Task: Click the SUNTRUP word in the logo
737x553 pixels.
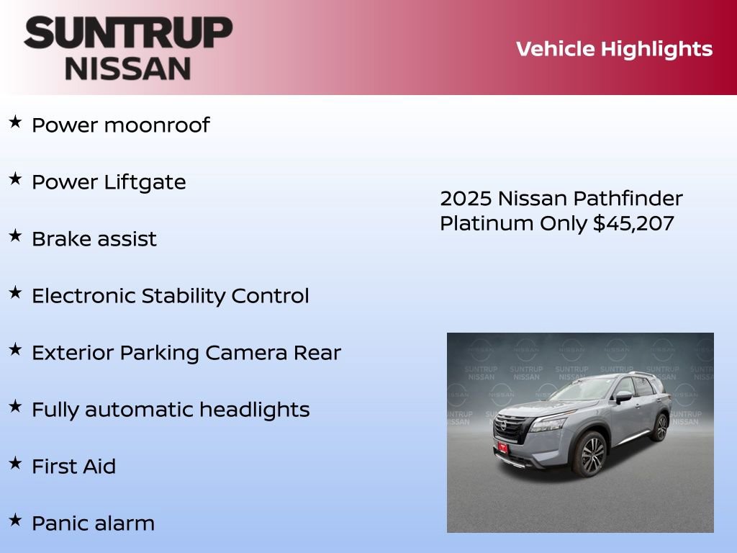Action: (128, 33)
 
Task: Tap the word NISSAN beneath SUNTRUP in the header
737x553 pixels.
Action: (128, 68)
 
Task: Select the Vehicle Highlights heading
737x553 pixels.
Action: (614, 49)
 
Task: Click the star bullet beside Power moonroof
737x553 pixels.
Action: (15, 122)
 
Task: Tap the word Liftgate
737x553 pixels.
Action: (145, 182)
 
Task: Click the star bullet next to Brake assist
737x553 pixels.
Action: (15, 236)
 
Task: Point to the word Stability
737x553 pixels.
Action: (183, 296)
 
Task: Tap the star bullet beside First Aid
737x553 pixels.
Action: (15, 464)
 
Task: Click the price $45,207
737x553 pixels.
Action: (633, 223)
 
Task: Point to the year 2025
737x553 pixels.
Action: (466, 198)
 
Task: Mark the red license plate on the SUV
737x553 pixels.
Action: (502, 448)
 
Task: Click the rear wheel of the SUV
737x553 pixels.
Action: (659, 427)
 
